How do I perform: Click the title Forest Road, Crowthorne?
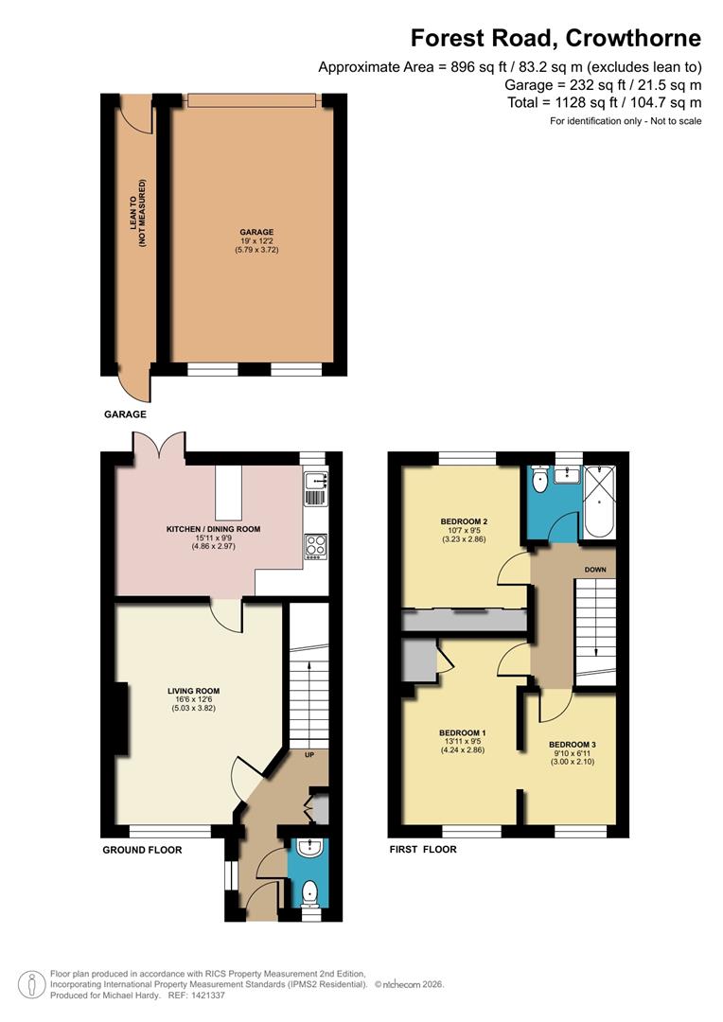[x=555, y=39]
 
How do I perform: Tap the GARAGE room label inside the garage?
[x=256, y=232]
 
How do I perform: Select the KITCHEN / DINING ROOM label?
[x=213, y=529]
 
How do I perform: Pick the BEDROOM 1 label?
[x=462, y=733]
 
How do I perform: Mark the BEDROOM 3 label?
[x=573, y=745]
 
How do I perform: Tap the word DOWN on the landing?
[x=595, y=570]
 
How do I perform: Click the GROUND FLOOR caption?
[x=142, y=850]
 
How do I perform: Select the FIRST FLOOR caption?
[x=423, y=850]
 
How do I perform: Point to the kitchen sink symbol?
[x=315, y=487]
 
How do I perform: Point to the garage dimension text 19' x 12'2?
[x=256, y=242]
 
